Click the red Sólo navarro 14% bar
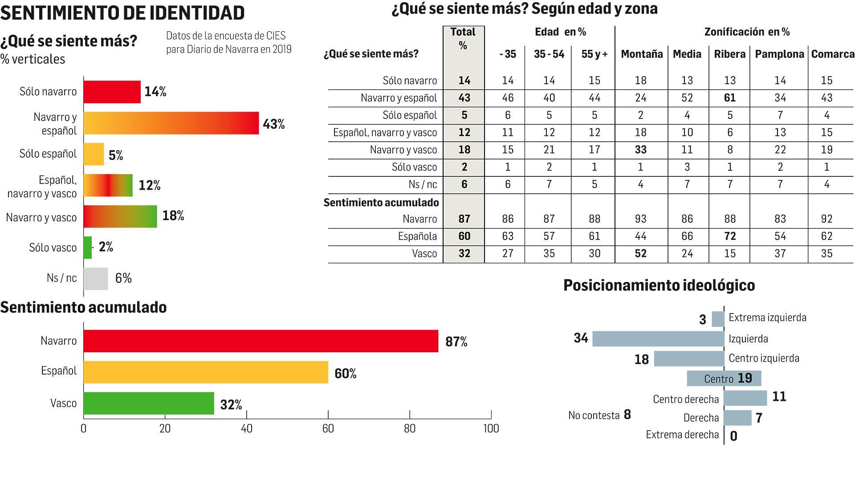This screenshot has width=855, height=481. (x=112, y=92)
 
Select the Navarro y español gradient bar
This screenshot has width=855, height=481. (x=171, y=123)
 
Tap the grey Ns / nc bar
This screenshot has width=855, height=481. (x=96, y=279)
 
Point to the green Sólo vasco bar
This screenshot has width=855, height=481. (x=88, y=248)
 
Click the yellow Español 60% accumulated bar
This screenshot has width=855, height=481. (x=206, y=372)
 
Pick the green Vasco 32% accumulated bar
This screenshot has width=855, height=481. (x=149, y=404)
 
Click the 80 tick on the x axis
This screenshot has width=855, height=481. (x=409, y=428)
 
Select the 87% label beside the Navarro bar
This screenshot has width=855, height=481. (x=456, y=342)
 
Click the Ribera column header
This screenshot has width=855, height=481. (x=729, y=54)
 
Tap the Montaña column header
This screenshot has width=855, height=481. (x=642, y=54)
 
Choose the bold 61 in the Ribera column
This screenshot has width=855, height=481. (x=729, y=98)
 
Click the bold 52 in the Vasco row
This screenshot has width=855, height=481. (x=640, y=253)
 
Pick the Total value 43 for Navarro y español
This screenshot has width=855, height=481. (x=464, y=98)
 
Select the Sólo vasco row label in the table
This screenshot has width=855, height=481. (x=414, y=167)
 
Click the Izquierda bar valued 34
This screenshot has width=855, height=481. (x=658, y=339)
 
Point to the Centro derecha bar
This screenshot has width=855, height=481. (x=745, y=398)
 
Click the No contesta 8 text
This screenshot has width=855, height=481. (x=599, y=415)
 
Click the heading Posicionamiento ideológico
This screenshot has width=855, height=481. (x=659, y=285)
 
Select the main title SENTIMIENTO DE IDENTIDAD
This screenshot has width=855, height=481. (x=122, y=13)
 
